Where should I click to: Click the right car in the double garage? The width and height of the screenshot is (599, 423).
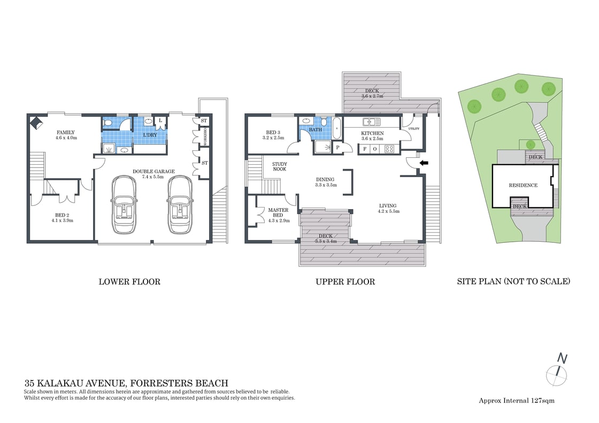click(180, 205)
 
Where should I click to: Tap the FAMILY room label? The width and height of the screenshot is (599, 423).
click(66, 133)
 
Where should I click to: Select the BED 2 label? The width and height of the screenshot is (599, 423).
click(62, 216)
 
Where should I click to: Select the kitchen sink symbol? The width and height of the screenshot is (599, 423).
click(371, 121)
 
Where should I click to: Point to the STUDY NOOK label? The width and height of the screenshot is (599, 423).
click(279, 166)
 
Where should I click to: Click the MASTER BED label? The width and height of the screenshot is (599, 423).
click(278, 213)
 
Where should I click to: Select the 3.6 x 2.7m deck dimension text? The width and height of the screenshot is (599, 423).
click(370, 96)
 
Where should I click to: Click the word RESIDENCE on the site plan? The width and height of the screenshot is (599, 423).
click(523, 185)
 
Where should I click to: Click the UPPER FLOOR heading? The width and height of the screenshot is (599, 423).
click(345, 281)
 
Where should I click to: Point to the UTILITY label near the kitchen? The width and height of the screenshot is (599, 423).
click(413, 129)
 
